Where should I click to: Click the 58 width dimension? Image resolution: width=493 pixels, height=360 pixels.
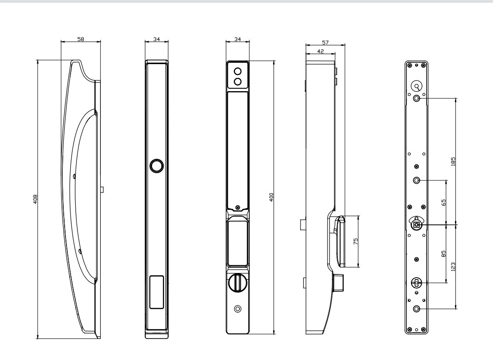[81, 39]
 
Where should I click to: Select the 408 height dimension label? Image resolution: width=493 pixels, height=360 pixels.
[35, 199]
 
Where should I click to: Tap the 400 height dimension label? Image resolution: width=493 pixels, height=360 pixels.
[271, 197]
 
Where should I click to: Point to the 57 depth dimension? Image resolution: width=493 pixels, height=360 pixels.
[325, 42]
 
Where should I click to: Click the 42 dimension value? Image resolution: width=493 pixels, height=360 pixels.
[320, 51]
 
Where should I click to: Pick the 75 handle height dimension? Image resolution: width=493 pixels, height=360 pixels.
[356, 241]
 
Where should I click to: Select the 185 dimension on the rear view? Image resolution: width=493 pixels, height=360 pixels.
[453, 161]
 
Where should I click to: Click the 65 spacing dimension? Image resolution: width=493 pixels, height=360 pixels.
[444, 202]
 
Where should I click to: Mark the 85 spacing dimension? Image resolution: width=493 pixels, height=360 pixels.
[444, 253]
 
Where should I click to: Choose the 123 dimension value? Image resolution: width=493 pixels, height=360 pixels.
[453, 266]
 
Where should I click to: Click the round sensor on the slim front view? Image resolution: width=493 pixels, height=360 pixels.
[157, 166]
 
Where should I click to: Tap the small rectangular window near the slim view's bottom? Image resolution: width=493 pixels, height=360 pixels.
[156, 292]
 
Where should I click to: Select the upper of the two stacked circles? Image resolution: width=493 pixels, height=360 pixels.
[238, 71]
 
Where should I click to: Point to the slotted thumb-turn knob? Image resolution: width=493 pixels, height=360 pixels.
[237, 283]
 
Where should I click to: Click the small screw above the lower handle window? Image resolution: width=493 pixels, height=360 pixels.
[238, 207]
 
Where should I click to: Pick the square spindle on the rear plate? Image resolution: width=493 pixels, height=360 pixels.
[416, 224]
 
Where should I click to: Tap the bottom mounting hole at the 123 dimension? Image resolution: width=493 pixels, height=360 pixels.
[416, 309]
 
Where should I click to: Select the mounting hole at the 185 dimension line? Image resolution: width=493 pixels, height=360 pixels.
[416, 98]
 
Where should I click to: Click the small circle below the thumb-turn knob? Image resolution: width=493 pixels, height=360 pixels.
[237, 309]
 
